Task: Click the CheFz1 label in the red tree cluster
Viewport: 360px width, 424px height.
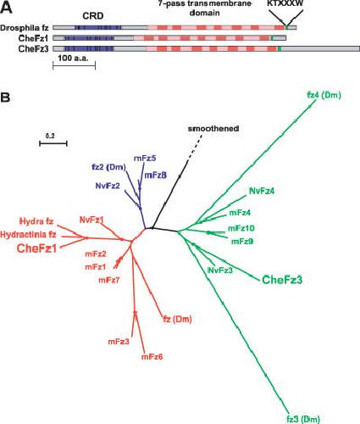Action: pyautogui.click(x=37, y=248)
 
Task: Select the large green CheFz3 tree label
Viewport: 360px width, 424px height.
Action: pyautogui.click(x=282, y=280)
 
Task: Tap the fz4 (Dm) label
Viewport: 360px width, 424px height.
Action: pyautogui.click(x=324, y=95)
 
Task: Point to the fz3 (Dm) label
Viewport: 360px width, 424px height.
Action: pyautogui.click(x=303, y=419)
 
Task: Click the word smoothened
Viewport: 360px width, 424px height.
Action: pyautogui.click(x=213, y=129)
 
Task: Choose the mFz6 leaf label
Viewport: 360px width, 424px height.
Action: pyautogui.click(x=152, y=357)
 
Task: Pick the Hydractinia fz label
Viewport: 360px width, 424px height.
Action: pyautogui.click(x=28, y=234)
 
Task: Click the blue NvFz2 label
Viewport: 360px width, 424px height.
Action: pyautogui.click(x=108, y=186)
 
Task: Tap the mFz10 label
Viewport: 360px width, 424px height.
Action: pyautogui.click(x=241, y=228)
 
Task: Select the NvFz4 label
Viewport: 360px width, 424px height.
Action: pyautogui.click(x=262, y=191)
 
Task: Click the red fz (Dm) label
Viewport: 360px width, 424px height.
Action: pyautogui.click(x=177, y=320)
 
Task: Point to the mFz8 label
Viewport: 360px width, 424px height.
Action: pyautogui.click(x=155, y=176)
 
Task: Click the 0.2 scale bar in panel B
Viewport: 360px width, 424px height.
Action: pyautogui.click(x=53, y=143)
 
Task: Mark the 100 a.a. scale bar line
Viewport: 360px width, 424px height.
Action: pyautogui.click(x=75, y=65)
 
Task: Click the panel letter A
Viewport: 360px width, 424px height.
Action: pyautogui.click(x=6, y=8)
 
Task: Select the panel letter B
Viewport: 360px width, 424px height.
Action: pyautogui.click(x=5, y=98)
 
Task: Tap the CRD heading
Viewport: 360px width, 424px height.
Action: pyautogui.click(x=93, y=16)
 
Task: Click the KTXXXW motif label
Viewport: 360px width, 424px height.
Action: pyautogui.click(x=285, y=3)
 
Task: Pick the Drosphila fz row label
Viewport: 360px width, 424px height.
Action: pyautogui.click(x=25, y=28)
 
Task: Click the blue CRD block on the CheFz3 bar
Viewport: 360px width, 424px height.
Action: pyautogui.click(x=89, y=48)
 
